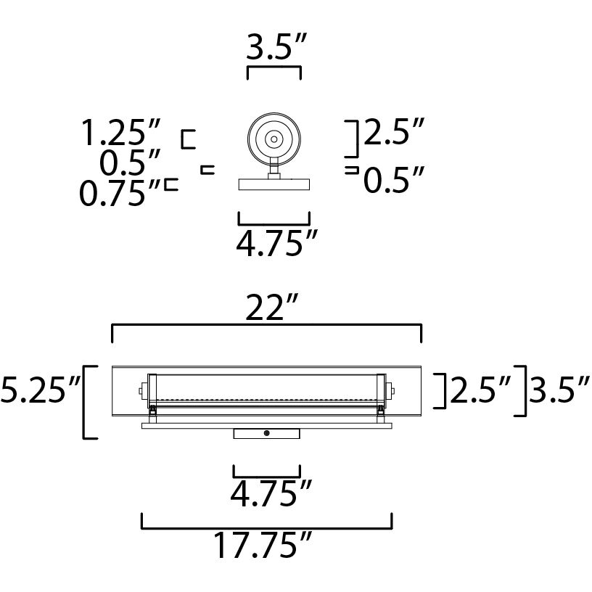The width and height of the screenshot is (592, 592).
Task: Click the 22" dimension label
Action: (266, 308)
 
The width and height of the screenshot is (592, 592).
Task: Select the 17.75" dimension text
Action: (263, 546)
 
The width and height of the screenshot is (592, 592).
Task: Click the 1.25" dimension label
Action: (120, 134)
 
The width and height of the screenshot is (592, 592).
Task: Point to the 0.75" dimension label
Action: (120, 194)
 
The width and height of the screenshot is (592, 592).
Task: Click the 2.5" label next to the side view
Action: (392, 133)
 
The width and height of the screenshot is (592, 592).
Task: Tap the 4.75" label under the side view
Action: (273, 243)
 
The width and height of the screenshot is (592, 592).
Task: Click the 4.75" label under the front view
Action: (266, 494)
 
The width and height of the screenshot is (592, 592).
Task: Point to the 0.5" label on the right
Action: (392, 180)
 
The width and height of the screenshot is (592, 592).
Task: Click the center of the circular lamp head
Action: (274, 138)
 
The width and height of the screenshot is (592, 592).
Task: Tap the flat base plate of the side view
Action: (274, 185)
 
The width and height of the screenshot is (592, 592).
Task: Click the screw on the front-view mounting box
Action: (267, 433)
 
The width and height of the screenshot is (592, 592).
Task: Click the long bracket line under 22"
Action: (266, 326)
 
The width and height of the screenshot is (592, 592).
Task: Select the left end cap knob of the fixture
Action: (140, 392)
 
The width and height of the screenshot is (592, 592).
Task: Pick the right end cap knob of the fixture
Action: (392, 392)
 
